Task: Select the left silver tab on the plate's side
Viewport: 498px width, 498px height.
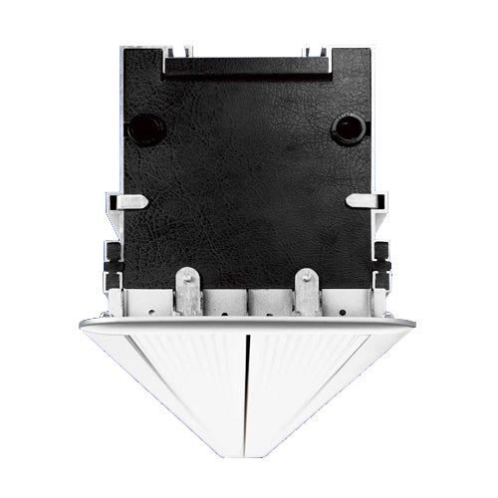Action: tap(134, 202)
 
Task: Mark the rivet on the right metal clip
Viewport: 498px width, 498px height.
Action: tap(310, 280)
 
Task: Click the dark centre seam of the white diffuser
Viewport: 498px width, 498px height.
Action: tap(244, 378)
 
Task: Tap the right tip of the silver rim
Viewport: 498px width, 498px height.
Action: tap(416, 324)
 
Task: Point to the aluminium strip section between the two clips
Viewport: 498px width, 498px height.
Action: tap(249, 299)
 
